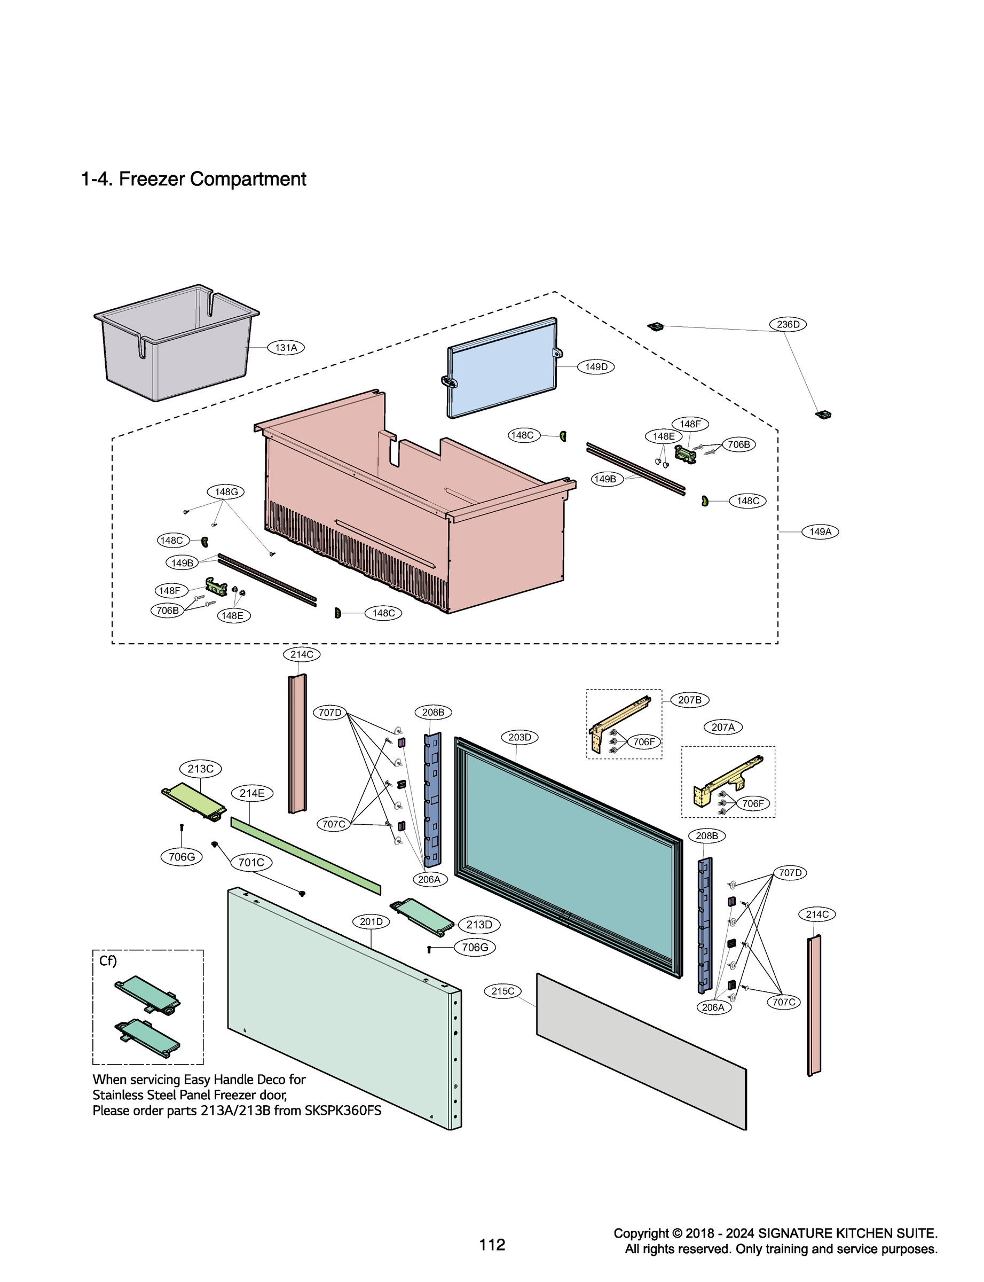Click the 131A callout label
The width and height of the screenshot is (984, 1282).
286,347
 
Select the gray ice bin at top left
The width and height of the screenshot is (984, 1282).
176,351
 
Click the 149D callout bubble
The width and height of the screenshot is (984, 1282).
596,367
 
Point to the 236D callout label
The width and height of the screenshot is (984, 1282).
787,324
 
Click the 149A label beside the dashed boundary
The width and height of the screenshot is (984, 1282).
820,531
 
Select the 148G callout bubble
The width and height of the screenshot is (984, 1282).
226,491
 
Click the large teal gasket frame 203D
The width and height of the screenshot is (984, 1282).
568,855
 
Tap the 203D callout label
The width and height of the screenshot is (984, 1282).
519,737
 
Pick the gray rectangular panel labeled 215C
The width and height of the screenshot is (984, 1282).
641,1052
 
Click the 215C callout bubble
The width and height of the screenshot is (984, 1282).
502,991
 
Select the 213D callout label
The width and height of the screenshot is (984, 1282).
478,925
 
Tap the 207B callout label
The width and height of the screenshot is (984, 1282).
689,700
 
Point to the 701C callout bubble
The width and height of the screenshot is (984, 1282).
251,863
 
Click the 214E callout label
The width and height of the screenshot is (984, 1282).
252,793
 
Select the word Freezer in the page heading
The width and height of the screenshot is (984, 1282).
152,179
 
